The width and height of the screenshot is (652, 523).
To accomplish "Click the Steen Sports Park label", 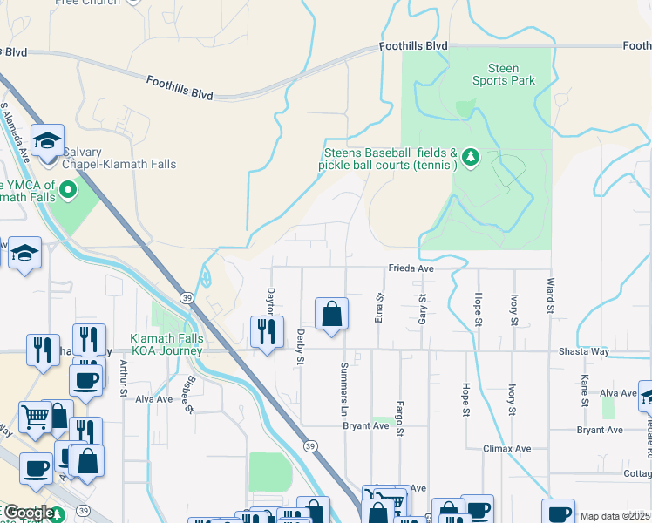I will coord(503,75).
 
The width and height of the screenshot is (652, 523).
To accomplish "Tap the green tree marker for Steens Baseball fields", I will coord(471,157).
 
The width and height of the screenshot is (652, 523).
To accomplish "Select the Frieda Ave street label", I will coord(411,269).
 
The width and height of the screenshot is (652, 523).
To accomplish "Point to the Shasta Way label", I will coord(584,351).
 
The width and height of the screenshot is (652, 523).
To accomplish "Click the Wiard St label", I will coord(550,296).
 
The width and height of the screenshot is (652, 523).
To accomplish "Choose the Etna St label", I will coord(380,308).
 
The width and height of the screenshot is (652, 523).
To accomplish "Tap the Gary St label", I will coord(422,309).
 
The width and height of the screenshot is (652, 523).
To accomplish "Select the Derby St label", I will coord(299,347).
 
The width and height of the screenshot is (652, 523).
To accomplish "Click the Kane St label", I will coord(584,391).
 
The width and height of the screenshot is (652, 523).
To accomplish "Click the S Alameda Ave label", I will coord(16,134).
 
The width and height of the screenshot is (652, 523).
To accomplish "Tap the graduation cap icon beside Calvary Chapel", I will coord(47,139).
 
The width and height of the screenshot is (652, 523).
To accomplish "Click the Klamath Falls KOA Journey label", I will coord(166,345).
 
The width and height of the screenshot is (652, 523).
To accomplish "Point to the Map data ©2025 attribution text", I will coord(615,516).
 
